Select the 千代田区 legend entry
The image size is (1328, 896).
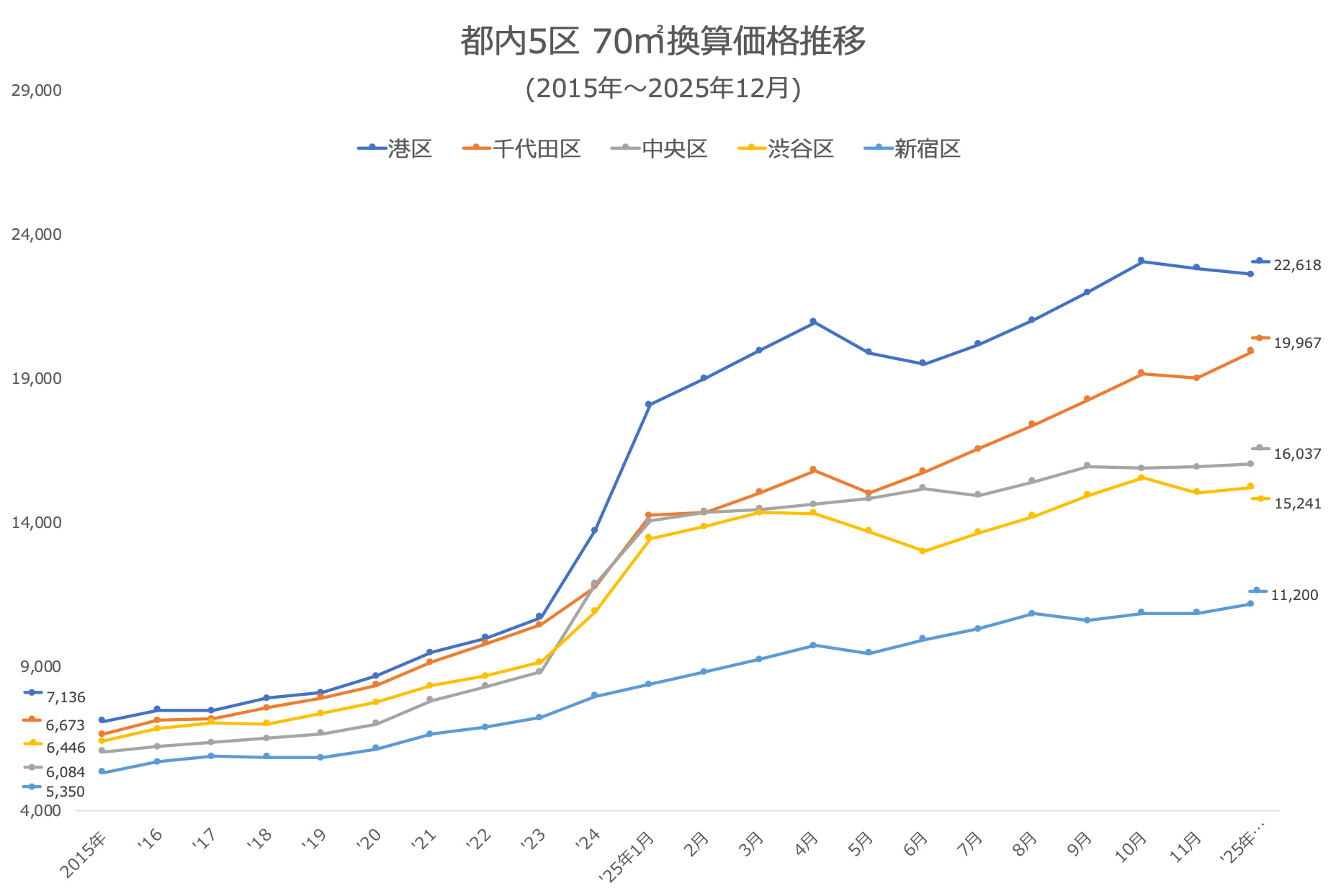521,148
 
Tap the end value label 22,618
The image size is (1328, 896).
1297,265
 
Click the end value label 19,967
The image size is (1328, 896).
1297,343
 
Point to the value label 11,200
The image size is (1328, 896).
1294,595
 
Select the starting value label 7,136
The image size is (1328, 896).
66,697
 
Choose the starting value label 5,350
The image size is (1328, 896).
66,792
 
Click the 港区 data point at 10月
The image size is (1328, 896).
1141,261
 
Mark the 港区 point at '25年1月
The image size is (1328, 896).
649,405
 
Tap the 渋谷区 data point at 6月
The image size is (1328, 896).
923,551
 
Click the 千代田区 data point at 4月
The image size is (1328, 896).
813,470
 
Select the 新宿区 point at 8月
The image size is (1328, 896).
1032,613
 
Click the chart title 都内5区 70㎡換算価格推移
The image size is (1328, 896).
663,41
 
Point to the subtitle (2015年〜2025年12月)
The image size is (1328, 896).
663,88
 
